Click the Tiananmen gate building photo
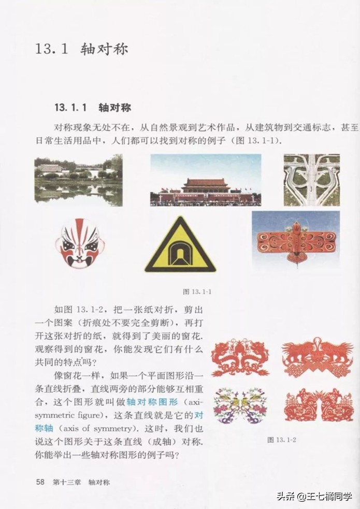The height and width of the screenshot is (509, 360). pos(206,180)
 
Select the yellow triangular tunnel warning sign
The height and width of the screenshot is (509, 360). pos(180,246)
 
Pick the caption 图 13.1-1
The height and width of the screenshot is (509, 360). pos(197,292)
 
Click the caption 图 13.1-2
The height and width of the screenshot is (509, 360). pos(282,440)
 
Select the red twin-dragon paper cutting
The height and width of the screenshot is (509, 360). pos(240,357)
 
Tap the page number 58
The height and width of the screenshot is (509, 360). pos(41,482)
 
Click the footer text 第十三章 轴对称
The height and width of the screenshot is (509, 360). pos(81,482)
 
